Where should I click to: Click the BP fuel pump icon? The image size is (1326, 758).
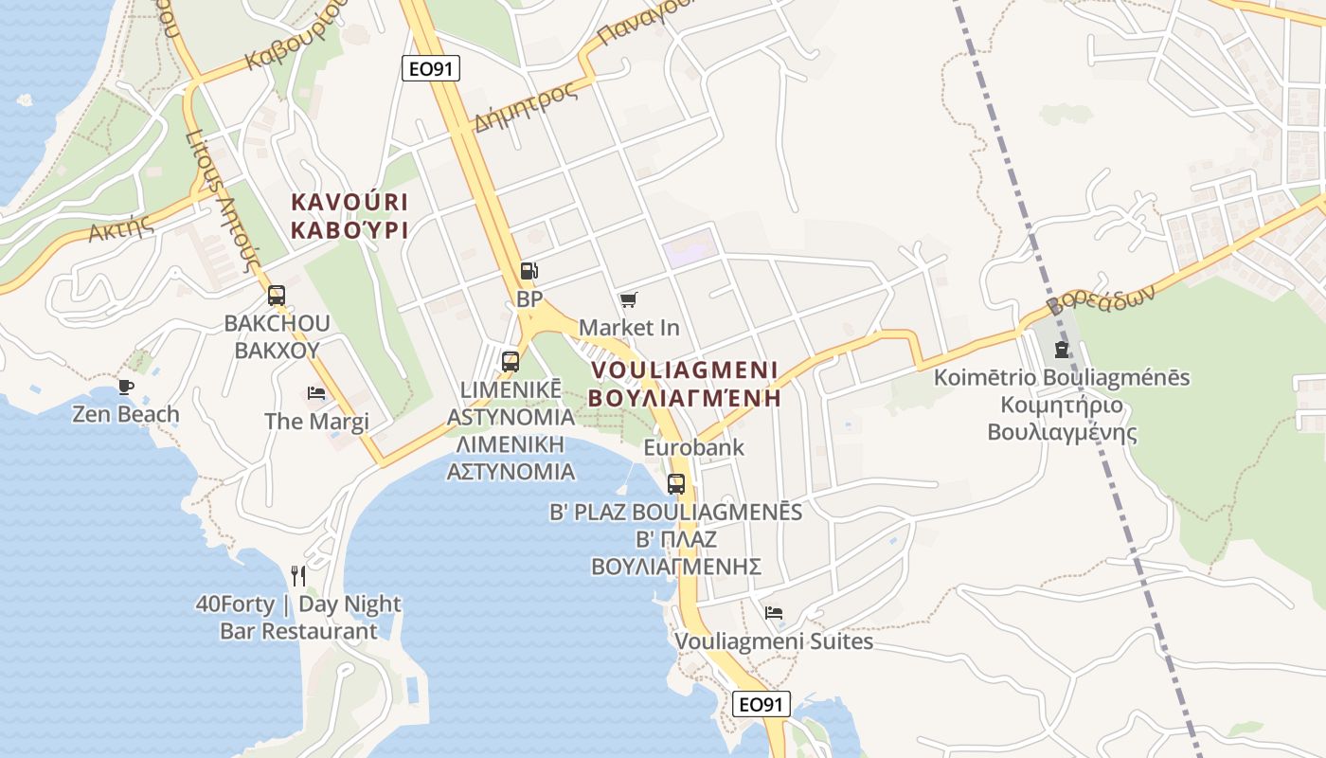(x=529, y=272)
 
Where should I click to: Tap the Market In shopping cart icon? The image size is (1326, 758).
(x=628, y=300)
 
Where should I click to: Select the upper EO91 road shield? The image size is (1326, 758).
(x=431, y=68)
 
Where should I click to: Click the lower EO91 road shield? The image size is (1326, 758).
(x=762, y=704)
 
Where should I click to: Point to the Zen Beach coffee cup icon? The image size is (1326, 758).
(x=125, y=387)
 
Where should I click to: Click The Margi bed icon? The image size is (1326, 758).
(x=316, y=393)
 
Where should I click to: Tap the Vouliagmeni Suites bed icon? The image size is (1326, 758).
(x=774, y=613)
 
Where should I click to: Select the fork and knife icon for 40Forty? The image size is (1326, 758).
(x=298, y=576)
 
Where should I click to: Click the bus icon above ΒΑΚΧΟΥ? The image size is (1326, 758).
(x=277, y=296)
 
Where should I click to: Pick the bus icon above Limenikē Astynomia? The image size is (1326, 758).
(x=511, y=362)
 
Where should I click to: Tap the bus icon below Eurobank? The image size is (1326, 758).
(x=676, y=484)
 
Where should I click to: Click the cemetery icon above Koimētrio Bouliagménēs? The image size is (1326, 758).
(x=1061, y=350)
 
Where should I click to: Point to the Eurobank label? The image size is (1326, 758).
(x=693, y=447)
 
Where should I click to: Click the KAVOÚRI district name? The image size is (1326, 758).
(x=349, y=202)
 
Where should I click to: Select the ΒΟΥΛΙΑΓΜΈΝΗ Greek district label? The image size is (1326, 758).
(x=684, y=398)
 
